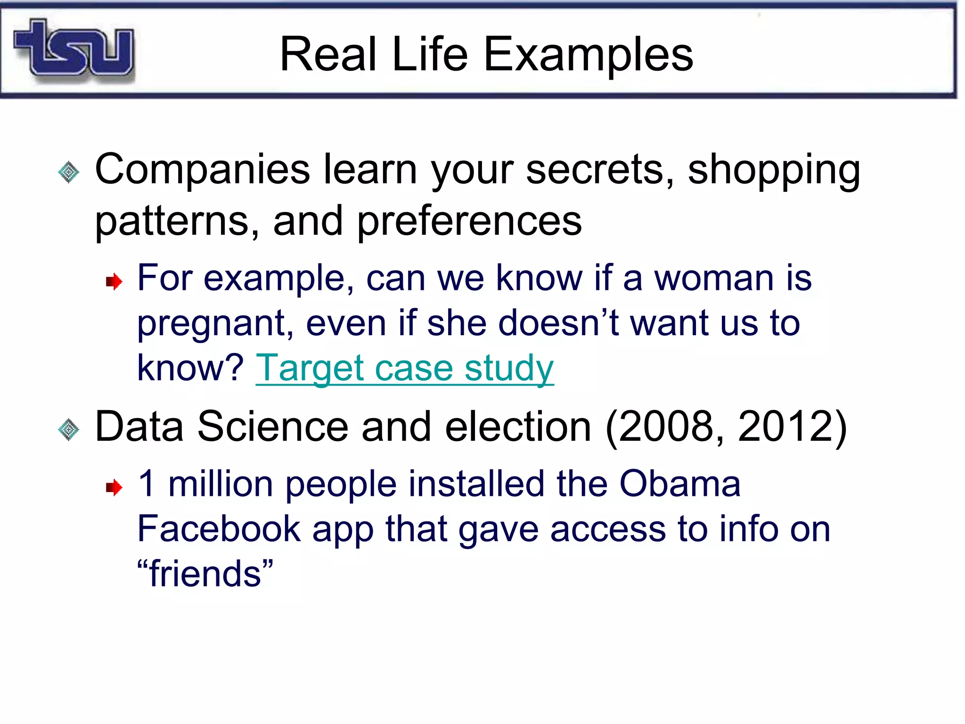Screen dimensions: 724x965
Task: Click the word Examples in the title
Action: [589, 55]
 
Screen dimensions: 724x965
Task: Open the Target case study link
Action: [405, 368]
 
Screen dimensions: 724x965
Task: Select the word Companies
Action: [203, 169]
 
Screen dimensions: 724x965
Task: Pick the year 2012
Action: [786, 427]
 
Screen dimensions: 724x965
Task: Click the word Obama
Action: [679, 484]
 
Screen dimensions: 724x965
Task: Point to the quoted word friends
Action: [205, 574]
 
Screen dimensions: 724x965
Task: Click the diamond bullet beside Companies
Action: [69, 172]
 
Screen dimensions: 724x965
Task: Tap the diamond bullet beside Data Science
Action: [69, 429]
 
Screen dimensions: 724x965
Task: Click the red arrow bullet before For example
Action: [114, 282]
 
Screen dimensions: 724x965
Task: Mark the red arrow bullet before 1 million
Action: [114, 487]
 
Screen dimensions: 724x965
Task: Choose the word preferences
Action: [469, 222]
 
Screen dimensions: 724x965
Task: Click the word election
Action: [518, 427]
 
